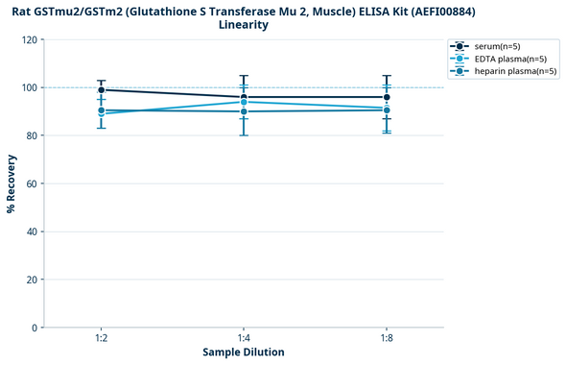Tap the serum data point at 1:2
101,89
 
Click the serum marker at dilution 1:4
244,97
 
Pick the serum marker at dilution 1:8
387,97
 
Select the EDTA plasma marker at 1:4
244,102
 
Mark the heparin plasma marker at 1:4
244,111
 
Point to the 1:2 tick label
101,338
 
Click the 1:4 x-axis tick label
244,338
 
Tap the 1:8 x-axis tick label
387,338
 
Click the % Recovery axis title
11,183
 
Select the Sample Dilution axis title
244,353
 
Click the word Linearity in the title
244,25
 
